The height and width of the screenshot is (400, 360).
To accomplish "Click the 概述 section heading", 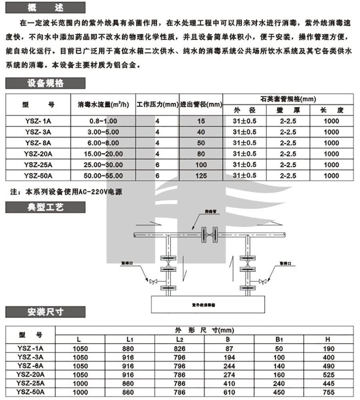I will [x=45, y=7].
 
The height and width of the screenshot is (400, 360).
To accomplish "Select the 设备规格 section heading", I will [x=45, y=83].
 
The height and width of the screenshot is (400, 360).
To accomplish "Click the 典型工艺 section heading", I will [x=45, y=207].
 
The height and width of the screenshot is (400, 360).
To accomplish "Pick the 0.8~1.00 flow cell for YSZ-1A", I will [x=104, y=121].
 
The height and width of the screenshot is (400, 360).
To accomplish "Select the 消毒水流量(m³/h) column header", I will [x=104, y=105].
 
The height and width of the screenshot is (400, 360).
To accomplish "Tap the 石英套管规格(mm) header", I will [x=288, y=98].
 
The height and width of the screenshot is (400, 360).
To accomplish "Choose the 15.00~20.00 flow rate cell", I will [x=104, y=154].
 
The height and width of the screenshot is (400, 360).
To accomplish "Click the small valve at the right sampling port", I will [x=262, y=281].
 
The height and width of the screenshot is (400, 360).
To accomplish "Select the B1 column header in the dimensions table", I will [x=279, y=340].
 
